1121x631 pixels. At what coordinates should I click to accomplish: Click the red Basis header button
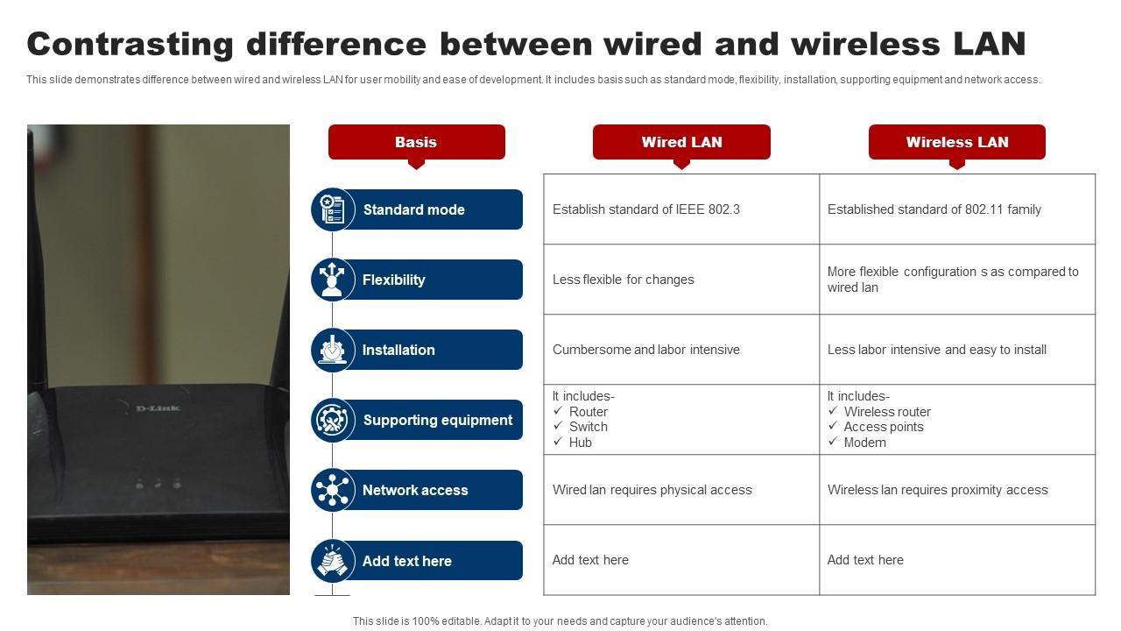click(x=416, y=142)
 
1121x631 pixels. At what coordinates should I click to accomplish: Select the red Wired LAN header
click(x=681, y=142)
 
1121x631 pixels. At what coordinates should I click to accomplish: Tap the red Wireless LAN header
click(x=956, y=142)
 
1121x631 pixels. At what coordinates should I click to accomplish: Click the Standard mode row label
click(x=413, y=209)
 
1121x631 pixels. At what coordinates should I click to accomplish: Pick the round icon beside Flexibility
click(x=333, y=280)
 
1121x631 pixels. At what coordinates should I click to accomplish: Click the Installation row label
click(x=398, y=350)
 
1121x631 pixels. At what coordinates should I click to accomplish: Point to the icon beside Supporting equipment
click(x=333, y=420)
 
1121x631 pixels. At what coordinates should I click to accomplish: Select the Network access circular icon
click(x=333, y=490)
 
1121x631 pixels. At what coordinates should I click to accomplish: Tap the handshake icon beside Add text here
click(x=333, y=561)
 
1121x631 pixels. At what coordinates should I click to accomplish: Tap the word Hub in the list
click(x=581, y=443)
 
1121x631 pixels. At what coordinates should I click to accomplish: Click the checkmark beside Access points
click(x=833, y=426)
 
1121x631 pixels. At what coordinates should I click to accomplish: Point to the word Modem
click(x=864, y=443)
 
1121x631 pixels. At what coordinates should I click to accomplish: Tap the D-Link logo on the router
click(x=159, y=408)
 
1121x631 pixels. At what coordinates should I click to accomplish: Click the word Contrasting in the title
click(x=129, y=43)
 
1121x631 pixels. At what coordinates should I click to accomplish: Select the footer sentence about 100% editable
click(x=560, y=620)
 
